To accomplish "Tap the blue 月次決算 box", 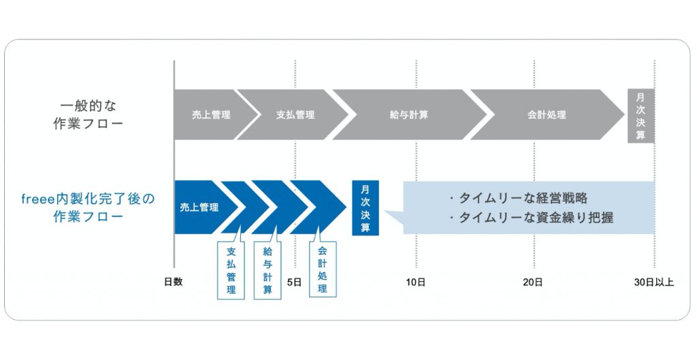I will [x=366, y=208].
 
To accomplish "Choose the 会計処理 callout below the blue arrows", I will [x=323, y=269].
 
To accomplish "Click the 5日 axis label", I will [x=294, y=282].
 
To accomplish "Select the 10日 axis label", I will [x=415, y=282].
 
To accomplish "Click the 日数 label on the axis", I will [x=174, y=282].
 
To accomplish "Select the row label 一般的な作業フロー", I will [x=88, y=114].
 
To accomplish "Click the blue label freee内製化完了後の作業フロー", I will [x=88, y=208].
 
